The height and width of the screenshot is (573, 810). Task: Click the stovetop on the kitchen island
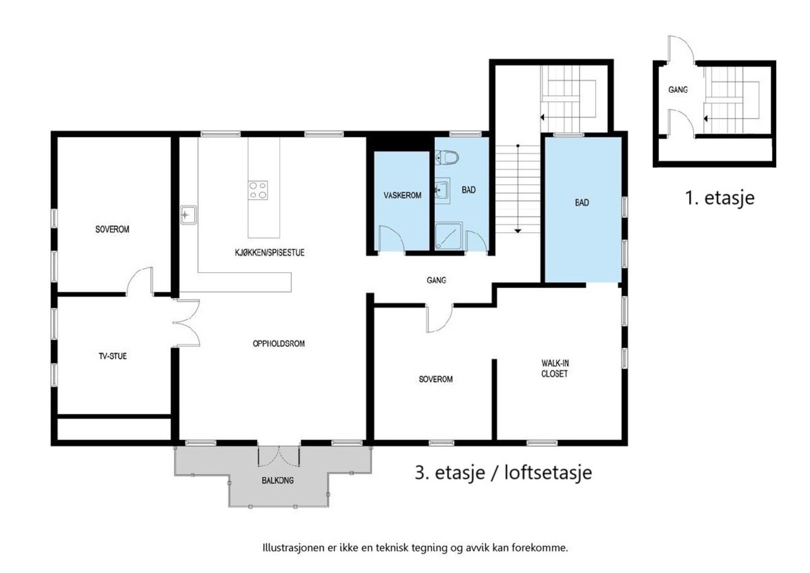258,190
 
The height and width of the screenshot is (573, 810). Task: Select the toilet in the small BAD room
447,158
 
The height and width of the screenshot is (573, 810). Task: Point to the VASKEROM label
402,195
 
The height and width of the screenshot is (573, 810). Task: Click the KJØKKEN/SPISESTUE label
269,252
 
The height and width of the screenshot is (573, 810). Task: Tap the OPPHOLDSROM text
278,343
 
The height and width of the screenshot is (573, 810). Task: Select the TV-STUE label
112,356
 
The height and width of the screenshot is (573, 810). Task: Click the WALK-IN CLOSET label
555,368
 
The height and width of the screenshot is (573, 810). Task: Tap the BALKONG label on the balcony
277,480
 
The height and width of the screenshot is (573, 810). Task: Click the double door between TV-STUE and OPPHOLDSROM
186,323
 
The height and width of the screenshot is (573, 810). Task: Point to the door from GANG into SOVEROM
438,318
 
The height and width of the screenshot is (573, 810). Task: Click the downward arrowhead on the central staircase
518,231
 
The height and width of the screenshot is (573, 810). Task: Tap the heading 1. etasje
719,198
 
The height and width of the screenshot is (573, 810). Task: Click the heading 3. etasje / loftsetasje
503,473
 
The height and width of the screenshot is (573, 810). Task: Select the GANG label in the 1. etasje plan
678,90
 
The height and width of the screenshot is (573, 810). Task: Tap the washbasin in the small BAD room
441,190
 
